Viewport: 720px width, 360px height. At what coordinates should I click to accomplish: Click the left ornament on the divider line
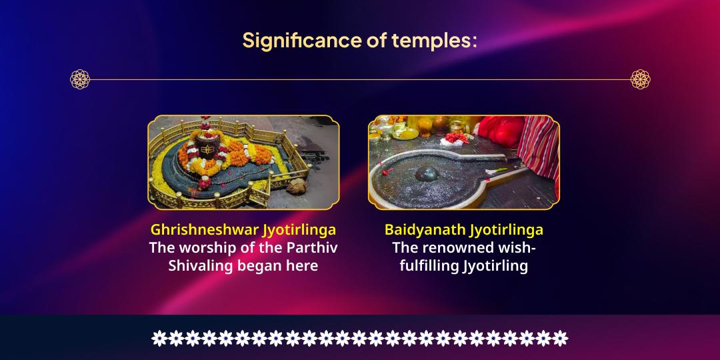79,79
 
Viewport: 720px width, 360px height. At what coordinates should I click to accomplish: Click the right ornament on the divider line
640,79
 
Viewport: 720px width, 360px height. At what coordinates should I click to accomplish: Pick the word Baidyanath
425,230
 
